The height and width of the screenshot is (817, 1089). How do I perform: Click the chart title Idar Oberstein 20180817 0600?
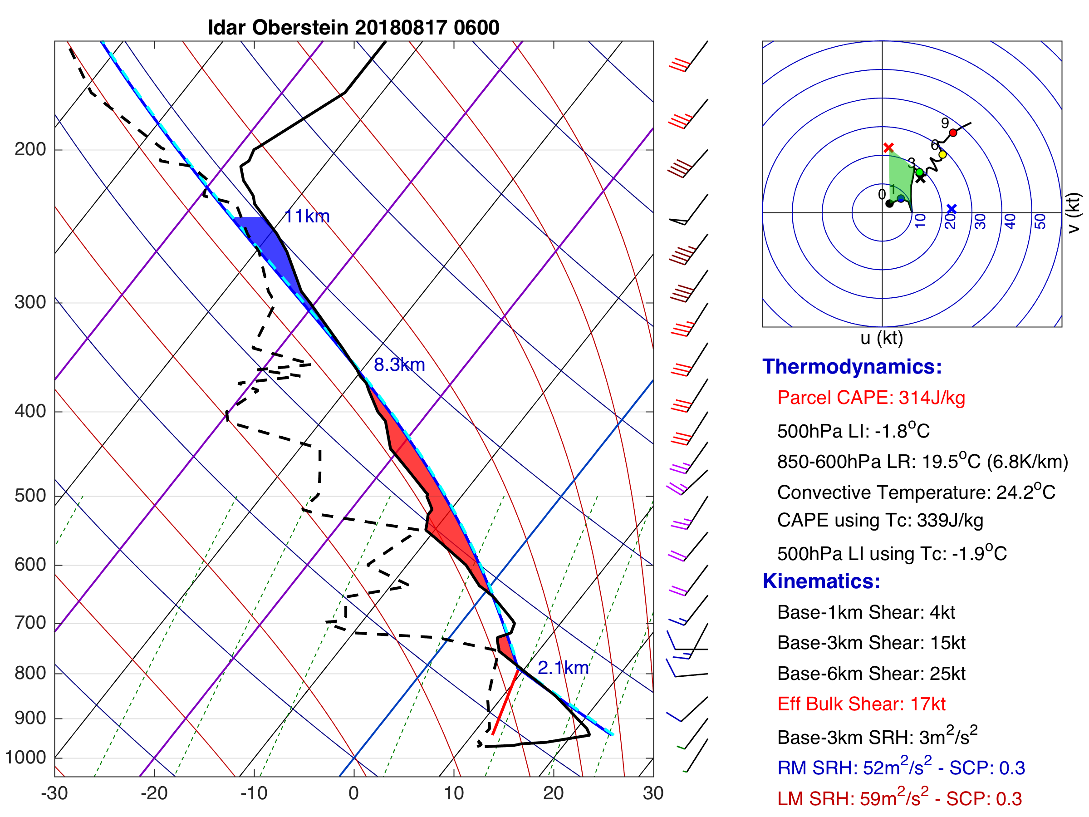pyautogui.click(x=353, y=28)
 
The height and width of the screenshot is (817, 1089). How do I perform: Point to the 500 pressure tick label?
pyautogui.click(x=30, y=496)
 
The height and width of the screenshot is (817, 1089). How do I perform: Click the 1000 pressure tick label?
pyautogui.click(x=25, y=757)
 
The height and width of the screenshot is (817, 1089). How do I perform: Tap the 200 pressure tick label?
pyautogui.click(x=30, y=149)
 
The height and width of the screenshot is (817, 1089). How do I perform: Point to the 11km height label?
pyautogui.click(x=307, y=217)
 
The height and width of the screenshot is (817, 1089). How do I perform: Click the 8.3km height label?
pyautogui.click(x=399, y=365)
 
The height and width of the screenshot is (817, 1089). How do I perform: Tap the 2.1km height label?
pyautogui.click(x=563, y=668)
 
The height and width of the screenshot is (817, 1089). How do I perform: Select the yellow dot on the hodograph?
pyautogui.click(x=942, y=155)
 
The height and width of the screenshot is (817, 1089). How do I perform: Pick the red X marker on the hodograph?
pyautogui.click(x=888, y=147)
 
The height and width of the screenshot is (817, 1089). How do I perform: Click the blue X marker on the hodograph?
pyautogui.click(x=951, y=209)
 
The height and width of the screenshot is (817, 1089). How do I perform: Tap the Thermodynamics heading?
pyautogui.click(x=852, y=367)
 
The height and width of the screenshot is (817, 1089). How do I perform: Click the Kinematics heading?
pyautogui.click(x=821, y=581)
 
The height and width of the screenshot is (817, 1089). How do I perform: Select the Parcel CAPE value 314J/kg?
pyautogui.click(x=932, y=398)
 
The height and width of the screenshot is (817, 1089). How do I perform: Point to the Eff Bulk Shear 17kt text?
pyautogui.click(x=861, y=704)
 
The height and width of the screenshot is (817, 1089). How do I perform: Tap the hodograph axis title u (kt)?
pyautogui.click(x=881, y=338)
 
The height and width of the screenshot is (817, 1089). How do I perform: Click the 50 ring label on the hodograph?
pyautogui.click(x=1040, y=221)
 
